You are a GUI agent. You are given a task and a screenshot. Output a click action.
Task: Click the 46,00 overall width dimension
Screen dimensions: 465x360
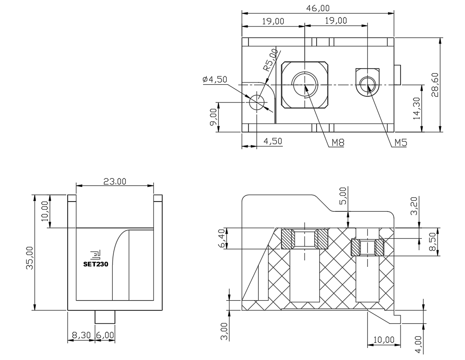318,8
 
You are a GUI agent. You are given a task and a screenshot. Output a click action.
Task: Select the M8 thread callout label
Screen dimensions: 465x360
338,143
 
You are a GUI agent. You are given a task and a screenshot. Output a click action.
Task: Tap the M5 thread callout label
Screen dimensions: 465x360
401,143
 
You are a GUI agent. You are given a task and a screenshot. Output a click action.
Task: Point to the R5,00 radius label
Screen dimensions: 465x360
271,60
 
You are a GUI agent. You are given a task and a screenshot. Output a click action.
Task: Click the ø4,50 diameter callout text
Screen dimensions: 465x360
215,79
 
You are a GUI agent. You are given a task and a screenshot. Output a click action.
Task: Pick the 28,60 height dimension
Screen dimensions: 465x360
435,85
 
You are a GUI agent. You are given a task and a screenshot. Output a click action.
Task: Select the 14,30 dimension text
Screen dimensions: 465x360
417,108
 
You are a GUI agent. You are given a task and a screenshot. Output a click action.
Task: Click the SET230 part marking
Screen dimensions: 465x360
96,264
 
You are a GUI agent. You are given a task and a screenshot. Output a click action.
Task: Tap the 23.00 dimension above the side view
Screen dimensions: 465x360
115,181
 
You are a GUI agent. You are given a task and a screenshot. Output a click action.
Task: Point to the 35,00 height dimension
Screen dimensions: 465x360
30,258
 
